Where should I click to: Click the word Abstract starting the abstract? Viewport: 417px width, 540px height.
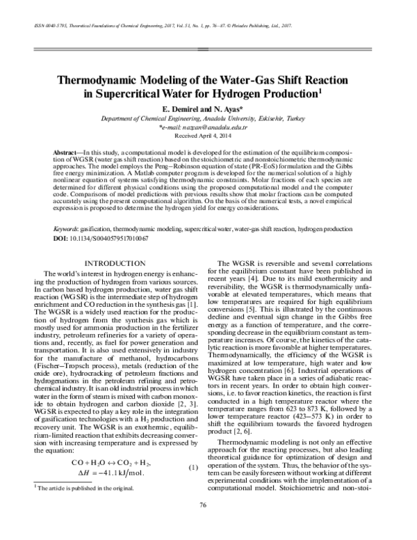[x=69, y=152]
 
